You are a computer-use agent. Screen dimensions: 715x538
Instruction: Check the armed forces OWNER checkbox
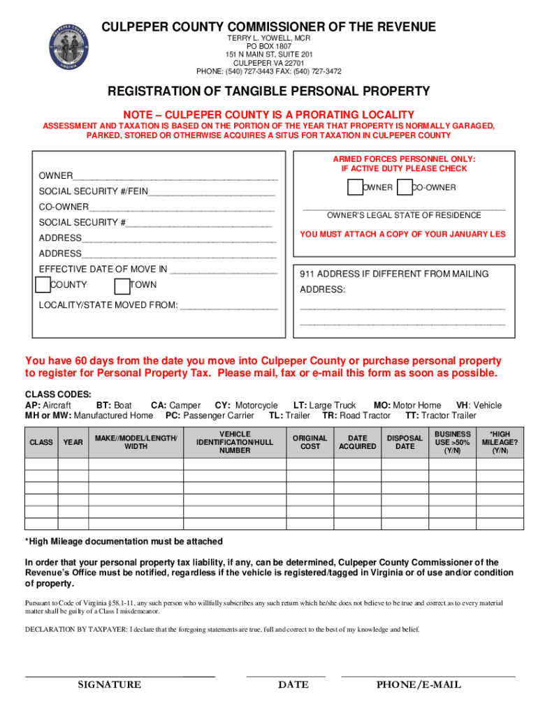[x=355, y=187]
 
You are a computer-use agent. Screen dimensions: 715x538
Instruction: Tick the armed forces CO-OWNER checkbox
[x=404, y=187]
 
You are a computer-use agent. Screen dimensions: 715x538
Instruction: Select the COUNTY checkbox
[x=43, y=285]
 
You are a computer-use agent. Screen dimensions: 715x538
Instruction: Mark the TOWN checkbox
[x=122, y=285]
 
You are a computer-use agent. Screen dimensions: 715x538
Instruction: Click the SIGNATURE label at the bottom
[x=109, y=685]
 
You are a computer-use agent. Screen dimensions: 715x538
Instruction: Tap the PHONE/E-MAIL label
[x=419, y=685]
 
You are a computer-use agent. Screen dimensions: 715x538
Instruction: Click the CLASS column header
[x=41, y=442]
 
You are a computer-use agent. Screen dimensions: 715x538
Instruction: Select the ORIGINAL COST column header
[x=310, y=442]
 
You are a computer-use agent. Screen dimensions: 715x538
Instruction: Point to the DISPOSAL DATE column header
[x=405, y=442]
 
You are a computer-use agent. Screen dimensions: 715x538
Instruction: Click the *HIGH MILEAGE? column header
[x=500, y=442]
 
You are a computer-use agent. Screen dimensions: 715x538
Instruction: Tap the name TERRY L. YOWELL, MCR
[x=268, y=38]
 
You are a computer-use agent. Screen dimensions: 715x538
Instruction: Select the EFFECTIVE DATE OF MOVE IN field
[x=223, y=270]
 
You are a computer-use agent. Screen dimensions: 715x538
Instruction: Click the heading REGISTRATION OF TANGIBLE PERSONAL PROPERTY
[x=268, y=91]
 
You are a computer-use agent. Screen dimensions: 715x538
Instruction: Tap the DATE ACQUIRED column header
[x=357, y=442]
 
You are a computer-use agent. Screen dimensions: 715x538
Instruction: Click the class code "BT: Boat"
[x=114, y=405]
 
